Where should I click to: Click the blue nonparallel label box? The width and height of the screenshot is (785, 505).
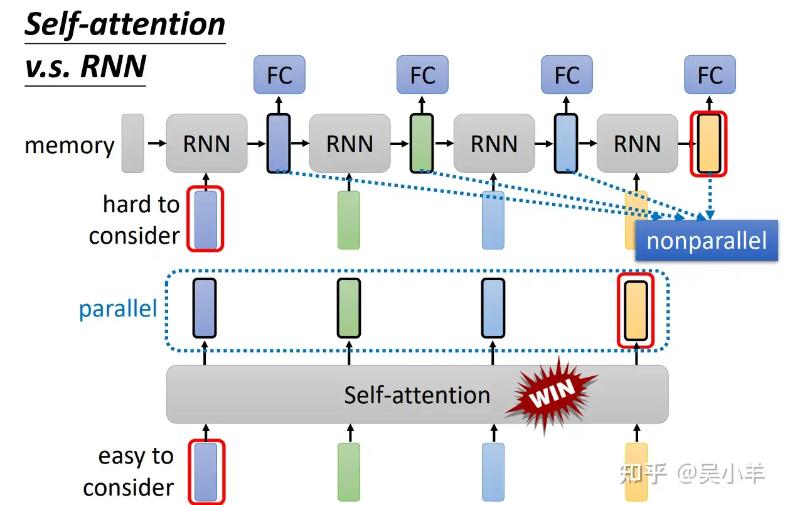coord(707,241)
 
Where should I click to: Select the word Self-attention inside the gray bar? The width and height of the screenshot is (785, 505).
coord(417,395)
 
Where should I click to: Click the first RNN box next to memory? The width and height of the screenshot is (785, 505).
coord(206,144)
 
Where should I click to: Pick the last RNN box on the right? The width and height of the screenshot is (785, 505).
coord(637,144)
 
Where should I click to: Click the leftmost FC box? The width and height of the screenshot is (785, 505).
coord(279,75)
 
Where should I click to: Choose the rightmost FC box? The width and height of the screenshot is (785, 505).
coord(710,75)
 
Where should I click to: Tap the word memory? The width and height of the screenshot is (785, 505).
coord(70,145)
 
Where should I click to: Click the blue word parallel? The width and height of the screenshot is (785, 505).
coord(118,309)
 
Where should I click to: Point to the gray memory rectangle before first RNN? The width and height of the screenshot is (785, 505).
coord(132,143)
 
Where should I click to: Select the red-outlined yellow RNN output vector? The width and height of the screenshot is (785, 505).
coord(708,143)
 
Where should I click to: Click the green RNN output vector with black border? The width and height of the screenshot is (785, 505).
coord(421,143)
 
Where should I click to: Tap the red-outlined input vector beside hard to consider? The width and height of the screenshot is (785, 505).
coord(205,219)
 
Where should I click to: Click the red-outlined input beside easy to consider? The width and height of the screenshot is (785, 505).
coord(205,472)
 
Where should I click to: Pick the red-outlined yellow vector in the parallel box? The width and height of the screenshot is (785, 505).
coord(636,310)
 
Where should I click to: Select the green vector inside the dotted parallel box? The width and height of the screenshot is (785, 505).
coord(349,308)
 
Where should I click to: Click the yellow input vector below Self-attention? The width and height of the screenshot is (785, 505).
coord(636,472)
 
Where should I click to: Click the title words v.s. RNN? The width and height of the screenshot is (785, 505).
coord(85,67)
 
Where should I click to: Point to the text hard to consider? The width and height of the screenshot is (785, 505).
coord(135,220)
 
